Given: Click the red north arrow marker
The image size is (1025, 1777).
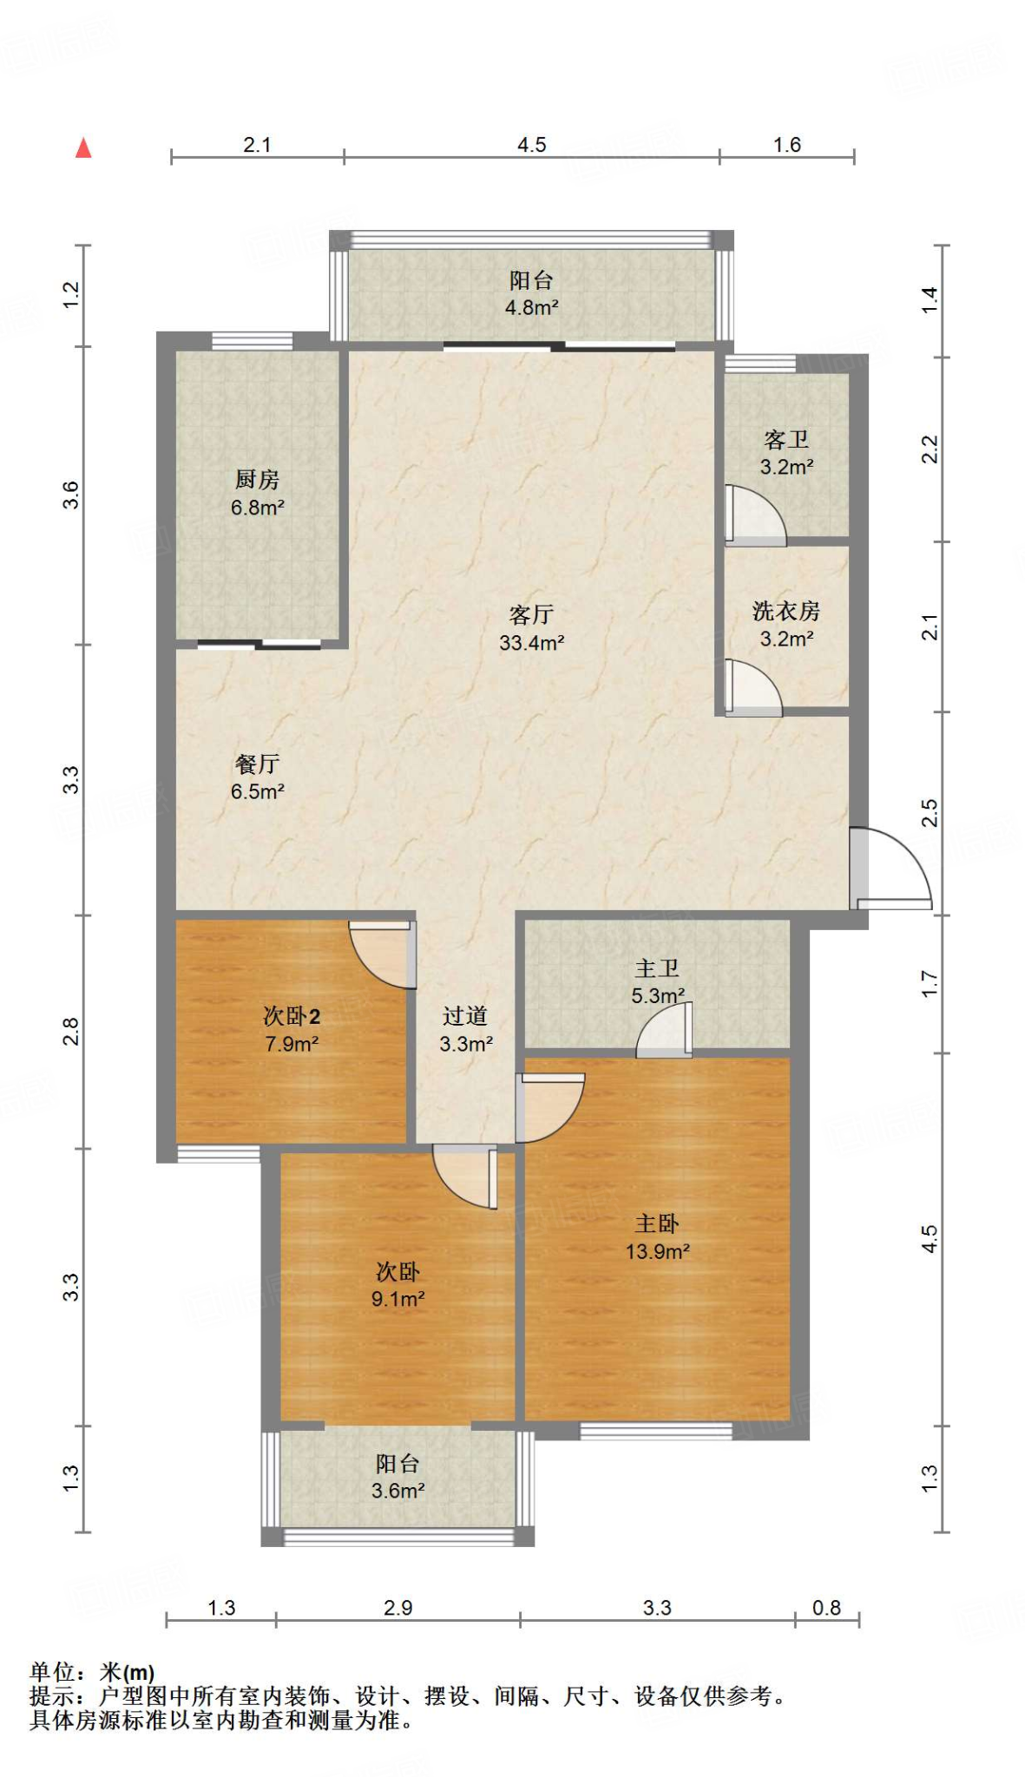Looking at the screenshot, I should tap(83, 148).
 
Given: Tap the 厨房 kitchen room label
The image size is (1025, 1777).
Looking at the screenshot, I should tap(257, 479).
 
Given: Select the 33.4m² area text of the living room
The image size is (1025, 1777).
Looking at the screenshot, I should tap(531, 643).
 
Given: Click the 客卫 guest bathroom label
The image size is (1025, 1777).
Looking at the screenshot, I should tap(786, 440).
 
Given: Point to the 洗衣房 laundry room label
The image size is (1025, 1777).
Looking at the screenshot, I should tap(786, 611).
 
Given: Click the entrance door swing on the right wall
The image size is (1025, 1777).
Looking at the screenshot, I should tap(890, 868).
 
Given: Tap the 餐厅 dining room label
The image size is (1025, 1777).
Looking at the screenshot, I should tap(257, 764).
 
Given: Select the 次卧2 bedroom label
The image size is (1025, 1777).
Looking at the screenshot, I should tap(292, 1016).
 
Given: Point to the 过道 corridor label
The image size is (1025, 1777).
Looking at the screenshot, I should tap(465, 1016).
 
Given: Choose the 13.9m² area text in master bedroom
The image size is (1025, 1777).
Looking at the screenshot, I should tap(657, 1251).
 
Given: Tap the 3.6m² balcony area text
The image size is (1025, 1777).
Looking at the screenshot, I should tap(398, 1491).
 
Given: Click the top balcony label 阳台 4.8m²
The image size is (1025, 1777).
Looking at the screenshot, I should tap(531, 293).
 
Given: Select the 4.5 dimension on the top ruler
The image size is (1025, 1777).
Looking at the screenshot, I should tap(531, 145).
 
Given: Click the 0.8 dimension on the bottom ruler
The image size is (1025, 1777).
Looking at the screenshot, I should tap(826, 1608).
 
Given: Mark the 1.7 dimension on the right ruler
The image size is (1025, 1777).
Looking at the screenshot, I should tap(930, 983).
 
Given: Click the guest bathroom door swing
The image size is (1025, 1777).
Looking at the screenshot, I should tap(753, 515).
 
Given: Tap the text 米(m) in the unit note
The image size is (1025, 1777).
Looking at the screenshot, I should tap(127, 1672).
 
